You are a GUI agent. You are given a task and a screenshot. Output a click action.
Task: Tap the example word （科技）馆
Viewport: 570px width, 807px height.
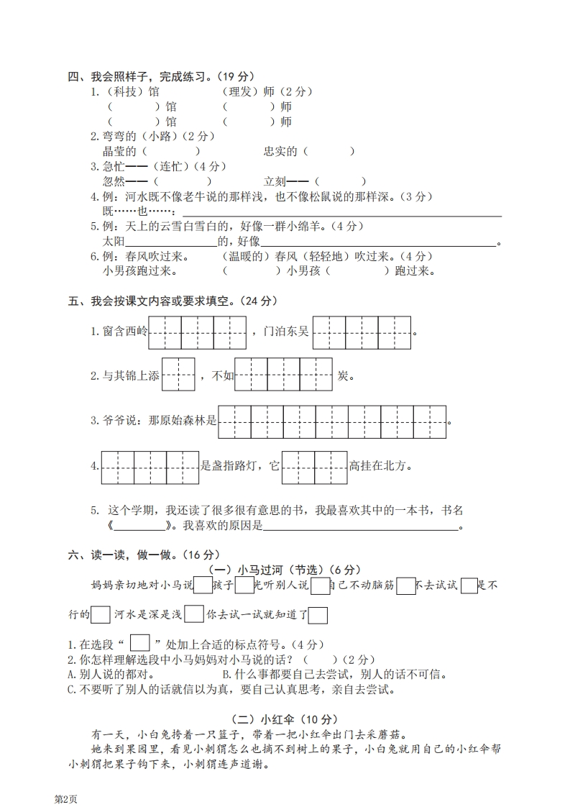132,92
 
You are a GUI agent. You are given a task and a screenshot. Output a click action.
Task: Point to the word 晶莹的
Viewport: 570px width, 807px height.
119,151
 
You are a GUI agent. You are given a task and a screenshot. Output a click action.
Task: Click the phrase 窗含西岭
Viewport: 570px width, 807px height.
124,332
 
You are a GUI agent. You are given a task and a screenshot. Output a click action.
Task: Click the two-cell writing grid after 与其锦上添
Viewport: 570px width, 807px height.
178,375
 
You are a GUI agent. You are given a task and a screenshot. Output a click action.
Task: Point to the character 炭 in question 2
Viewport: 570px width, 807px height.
343,375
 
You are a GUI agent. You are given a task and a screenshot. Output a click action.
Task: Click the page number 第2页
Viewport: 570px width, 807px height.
65,799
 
